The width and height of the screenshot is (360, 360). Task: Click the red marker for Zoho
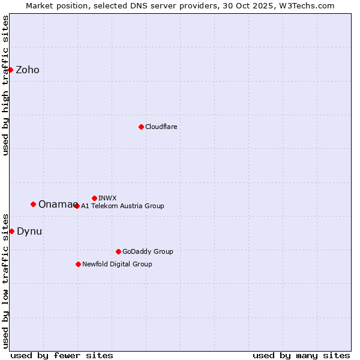[x=10, y=70]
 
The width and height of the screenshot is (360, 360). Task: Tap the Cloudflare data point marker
[x=141, y=127]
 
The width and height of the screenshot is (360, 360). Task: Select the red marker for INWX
[x=94, y=198]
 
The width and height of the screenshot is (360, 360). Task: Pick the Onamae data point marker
[x=33, y=204]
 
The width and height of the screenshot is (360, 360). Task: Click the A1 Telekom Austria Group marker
[x=76, y=206]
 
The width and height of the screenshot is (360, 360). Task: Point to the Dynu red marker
[x=11, y=231]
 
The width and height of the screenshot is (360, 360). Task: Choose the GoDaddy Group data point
[x=118, y=251]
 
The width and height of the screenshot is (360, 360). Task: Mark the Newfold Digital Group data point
[x=78, y=264]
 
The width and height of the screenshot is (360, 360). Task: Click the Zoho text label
[x=28, y=70]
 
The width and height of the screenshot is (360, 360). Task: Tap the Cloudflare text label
[x=161, y=127]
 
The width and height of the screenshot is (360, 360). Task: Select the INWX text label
[x=107, y=198]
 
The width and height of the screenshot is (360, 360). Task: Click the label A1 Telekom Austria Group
[x=122, y=206]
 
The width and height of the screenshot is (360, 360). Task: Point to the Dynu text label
[x=29, y=232]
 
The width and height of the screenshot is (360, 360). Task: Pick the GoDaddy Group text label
[x=148, y=251]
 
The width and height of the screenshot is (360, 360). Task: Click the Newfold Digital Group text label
[x=117, y=264]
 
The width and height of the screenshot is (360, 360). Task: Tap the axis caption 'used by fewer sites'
[x=62, y=355]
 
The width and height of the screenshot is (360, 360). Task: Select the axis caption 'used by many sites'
[x=301, y=355]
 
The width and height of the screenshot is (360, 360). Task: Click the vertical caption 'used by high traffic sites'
[x=5, y=85]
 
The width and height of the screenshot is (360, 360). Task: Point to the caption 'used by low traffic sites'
[x=5, y=280]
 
